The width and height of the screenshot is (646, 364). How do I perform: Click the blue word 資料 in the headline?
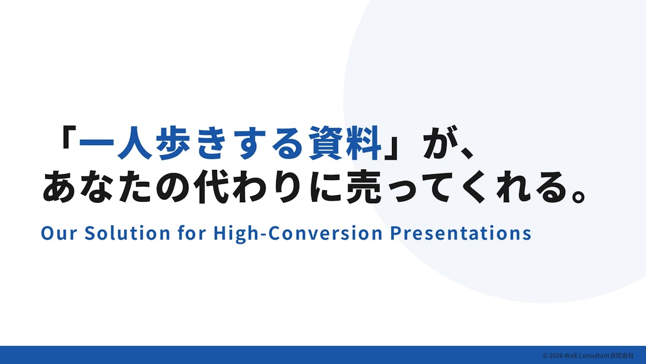[x=345, y=143]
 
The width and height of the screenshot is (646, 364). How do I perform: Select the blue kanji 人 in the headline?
[x=135, y=143]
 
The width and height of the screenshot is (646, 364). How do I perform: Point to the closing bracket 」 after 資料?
[x=392, y=148]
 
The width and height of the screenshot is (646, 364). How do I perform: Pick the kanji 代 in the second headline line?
[x=212, y=187]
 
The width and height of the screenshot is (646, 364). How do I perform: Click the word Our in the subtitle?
[x=59, y=233]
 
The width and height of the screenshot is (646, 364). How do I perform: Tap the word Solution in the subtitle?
[x=127, y=233]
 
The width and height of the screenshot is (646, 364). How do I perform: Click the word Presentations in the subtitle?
[x=461, y=233]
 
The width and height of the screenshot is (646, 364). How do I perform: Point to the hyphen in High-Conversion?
[x=263, y=235]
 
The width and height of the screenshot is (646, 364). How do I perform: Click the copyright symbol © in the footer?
[x=545, y=355]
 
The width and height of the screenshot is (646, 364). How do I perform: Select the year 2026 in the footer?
[x=556, y=355]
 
